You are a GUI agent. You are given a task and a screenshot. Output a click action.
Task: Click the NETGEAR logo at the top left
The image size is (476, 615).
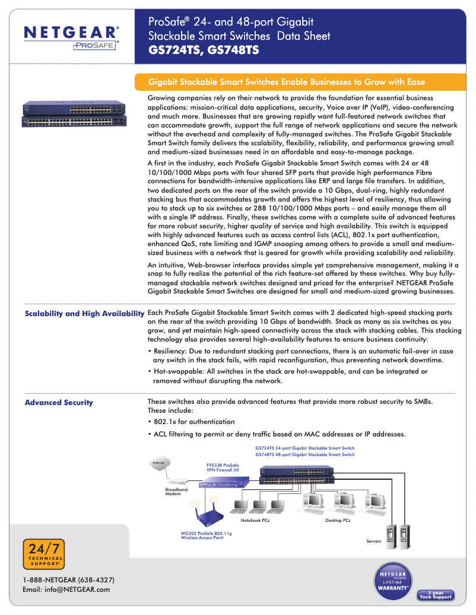pyautogui.click(x=71, y=35)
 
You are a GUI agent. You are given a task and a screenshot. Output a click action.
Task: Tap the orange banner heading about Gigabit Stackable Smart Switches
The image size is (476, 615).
pyautogui.click(x=286, y=82)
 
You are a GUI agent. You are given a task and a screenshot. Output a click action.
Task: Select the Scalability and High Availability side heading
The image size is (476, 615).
pyautogui.click(x=84, y=313)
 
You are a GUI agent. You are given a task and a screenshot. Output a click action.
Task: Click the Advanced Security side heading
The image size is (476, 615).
pyautogui.click(x=59, y=403)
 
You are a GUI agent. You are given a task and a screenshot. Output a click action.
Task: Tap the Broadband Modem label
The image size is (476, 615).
pyautogui.click(x=176, y=492)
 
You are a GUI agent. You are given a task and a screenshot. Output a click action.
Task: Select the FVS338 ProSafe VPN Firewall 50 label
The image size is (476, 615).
pyautogui.click(x=223, y=467)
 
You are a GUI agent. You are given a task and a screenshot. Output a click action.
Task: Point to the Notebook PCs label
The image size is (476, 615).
pyautogui.click(x=255, y=521)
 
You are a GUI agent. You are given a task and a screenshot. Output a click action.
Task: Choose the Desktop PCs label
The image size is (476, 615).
pyautogui.click(x=338, y=521)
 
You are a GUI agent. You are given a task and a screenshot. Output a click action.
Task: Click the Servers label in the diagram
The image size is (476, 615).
pyautogui.click(x=373, y=541)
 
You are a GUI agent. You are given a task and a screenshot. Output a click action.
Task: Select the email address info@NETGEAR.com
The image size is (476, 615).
pyautogui.click(x=66, y=589)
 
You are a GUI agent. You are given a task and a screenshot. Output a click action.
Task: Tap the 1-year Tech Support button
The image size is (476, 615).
pyautogui.click(x=436, y=595)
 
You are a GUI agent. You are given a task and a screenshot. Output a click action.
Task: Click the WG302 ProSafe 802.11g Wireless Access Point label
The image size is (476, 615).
pyautogui.click(x=206, y=536)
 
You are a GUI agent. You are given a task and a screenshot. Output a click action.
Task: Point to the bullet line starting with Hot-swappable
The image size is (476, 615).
pyautogui.click(x=287, y=376)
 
